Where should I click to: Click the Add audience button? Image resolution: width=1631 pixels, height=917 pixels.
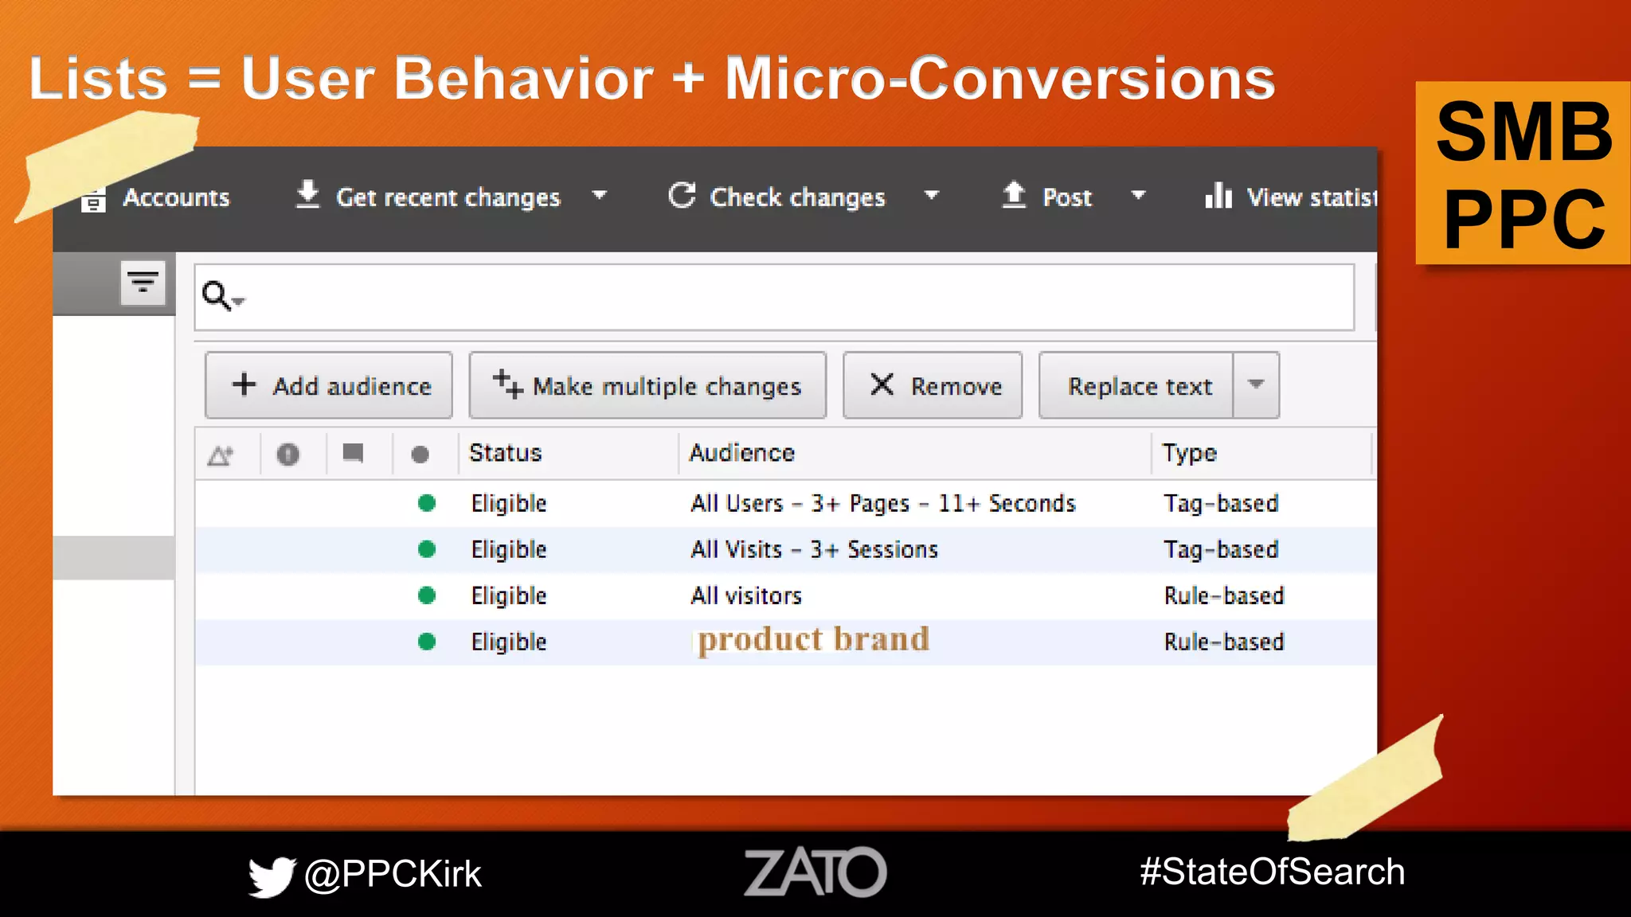(329, 386)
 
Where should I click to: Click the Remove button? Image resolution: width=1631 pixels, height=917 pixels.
(933, 386)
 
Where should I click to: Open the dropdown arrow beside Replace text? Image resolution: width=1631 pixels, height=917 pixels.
(1257, 385)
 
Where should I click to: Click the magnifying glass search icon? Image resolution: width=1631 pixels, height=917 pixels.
(217, 296)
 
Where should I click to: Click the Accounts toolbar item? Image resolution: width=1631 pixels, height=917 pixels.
(158, 197)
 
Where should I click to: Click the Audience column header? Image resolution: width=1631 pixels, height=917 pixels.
(741, 453)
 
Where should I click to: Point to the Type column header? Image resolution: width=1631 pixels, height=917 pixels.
(1189, 453)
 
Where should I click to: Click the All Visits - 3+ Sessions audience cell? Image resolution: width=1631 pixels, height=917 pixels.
(814, 550)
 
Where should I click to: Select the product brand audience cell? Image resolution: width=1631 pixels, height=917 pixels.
(813, 641)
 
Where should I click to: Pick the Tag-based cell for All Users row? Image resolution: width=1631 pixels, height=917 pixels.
(1221, 504)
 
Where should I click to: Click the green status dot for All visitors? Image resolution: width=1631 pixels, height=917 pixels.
(427, 595)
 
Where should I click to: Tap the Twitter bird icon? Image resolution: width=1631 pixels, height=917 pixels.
(272, 876)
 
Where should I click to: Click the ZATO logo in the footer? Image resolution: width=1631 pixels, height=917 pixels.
(815, 872)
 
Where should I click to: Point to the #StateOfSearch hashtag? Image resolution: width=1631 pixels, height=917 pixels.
(1272, 872)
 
